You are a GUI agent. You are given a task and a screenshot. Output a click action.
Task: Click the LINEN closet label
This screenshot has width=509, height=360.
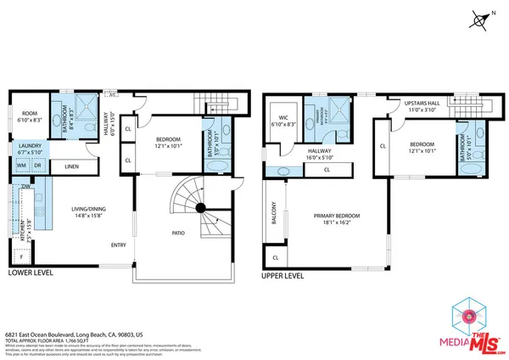coord(71,166)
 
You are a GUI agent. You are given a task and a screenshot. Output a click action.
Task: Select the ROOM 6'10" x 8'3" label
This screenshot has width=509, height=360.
coord(31,117)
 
